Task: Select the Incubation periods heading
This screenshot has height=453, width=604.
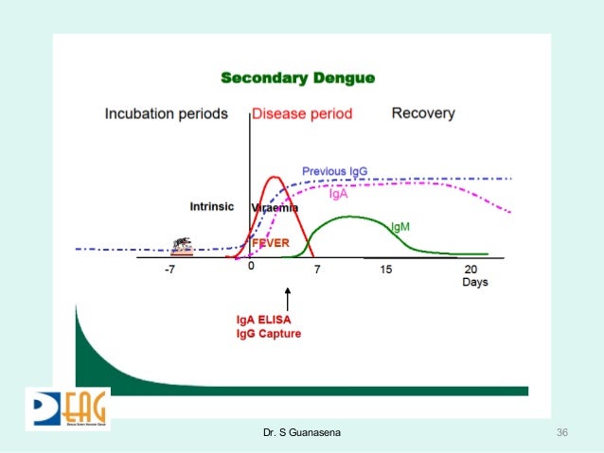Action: pos(166,113)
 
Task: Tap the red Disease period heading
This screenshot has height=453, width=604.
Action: pos(302,113)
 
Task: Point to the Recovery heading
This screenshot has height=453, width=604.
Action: pos(423,113)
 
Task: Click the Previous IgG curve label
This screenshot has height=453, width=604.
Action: pos(334,171)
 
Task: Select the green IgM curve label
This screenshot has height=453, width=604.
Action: pos(400,227)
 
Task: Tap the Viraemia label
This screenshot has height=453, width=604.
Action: pos(275,207)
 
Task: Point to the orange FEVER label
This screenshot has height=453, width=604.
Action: pos(269,242)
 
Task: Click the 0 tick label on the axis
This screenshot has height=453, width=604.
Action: pos(251,268)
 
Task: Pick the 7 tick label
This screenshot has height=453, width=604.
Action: pos(317,270)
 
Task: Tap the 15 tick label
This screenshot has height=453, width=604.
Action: pos(386,270)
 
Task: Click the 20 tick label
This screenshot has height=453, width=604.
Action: pos(470,270)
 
